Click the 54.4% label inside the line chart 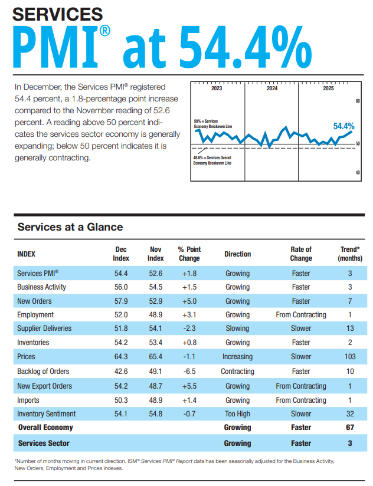point(343,126)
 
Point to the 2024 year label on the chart point(271,88)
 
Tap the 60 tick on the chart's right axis point(358,101)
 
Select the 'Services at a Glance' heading point(70,227)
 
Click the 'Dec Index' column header point(121,254)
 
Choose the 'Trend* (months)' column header point(350,254)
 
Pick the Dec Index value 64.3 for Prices point(121,357)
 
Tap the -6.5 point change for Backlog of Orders point(189,372)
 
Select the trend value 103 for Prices point(350,357)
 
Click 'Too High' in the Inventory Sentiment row point(237,414)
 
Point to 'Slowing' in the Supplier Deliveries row point(237,329)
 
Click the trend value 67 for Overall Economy point(350,428)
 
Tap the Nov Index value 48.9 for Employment point(155,315)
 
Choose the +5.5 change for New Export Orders point(189,386)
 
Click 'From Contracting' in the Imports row point(301,400)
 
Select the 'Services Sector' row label point(44,443)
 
